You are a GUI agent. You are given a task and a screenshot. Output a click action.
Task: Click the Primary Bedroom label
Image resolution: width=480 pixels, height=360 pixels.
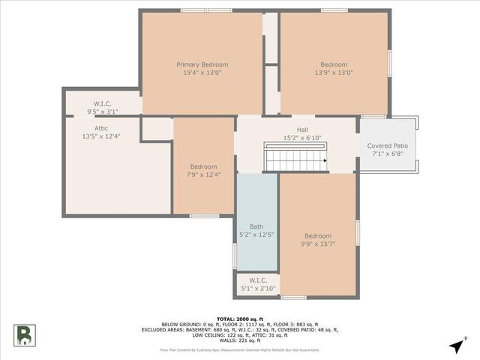202,64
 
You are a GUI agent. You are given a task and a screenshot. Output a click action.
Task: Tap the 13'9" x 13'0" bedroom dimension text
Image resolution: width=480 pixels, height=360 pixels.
334,73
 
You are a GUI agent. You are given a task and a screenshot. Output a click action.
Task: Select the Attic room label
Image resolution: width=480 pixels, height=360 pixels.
101,128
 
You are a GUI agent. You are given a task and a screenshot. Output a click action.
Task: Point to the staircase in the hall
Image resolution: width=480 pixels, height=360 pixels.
295,160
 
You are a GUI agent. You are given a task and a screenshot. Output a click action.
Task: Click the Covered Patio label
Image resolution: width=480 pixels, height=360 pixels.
387,145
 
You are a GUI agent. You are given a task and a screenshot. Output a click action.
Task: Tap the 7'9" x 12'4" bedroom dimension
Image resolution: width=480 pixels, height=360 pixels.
203,175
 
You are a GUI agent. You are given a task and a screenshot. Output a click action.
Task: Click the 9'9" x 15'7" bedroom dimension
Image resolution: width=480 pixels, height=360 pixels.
318,244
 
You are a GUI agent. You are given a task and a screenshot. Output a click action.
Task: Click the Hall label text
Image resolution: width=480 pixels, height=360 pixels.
302,130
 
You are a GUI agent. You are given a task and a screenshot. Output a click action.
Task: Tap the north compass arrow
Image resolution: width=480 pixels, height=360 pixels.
457,345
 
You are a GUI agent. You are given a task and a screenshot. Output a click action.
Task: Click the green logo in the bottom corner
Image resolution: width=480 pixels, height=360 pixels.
23,335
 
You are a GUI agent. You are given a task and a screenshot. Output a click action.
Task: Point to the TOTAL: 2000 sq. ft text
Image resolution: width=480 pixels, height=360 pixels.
240,318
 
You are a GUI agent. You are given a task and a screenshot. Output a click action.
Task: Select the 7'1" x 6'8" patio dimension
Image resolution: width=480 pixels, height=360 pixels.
387,154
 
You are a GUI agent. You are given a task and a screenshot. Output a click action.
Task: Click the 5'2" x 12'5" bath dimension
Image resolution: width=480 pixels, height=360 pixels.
256,235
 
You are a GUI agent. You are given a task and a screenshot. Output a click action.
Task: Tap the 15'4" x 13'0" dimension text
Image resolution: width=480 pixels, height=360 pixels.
202,73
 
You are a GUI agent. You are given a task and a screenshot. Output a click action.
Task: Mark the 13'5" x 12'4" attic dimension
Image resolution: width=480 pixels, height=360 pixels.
101,136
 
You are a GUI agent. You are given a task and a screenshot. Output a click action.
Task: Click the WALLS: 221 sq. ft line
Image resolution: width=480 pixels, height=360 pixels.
240,341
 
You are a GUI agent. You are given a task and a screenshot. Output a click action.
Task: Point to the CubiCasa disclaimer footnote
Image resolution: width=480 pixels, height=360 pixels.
240,350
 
